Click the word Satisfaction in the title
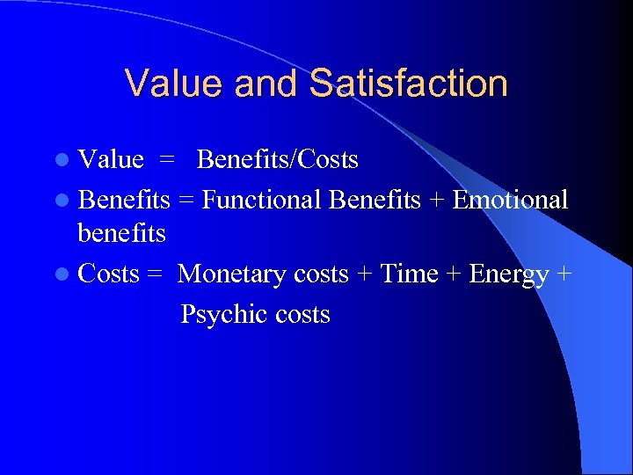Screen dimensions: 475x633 tap(409, 84)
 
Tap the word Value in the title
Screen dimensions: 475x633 tap(172, 84)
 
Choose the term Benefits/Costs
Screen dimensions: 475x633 tap(278, 160)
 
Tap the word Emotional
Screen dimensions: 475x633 tap(510, 201)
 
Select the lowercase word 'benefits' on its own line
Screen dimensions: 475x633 tap(121, 234)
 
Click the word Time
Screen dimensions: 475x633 tap(409, 274)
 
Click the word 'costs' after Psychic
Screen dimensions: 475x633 tap(302, 315)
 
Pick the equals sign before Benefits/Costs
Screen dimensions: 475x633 tap(167, 161)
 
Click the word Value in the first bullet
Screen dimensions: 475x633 tap(111, 160)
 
